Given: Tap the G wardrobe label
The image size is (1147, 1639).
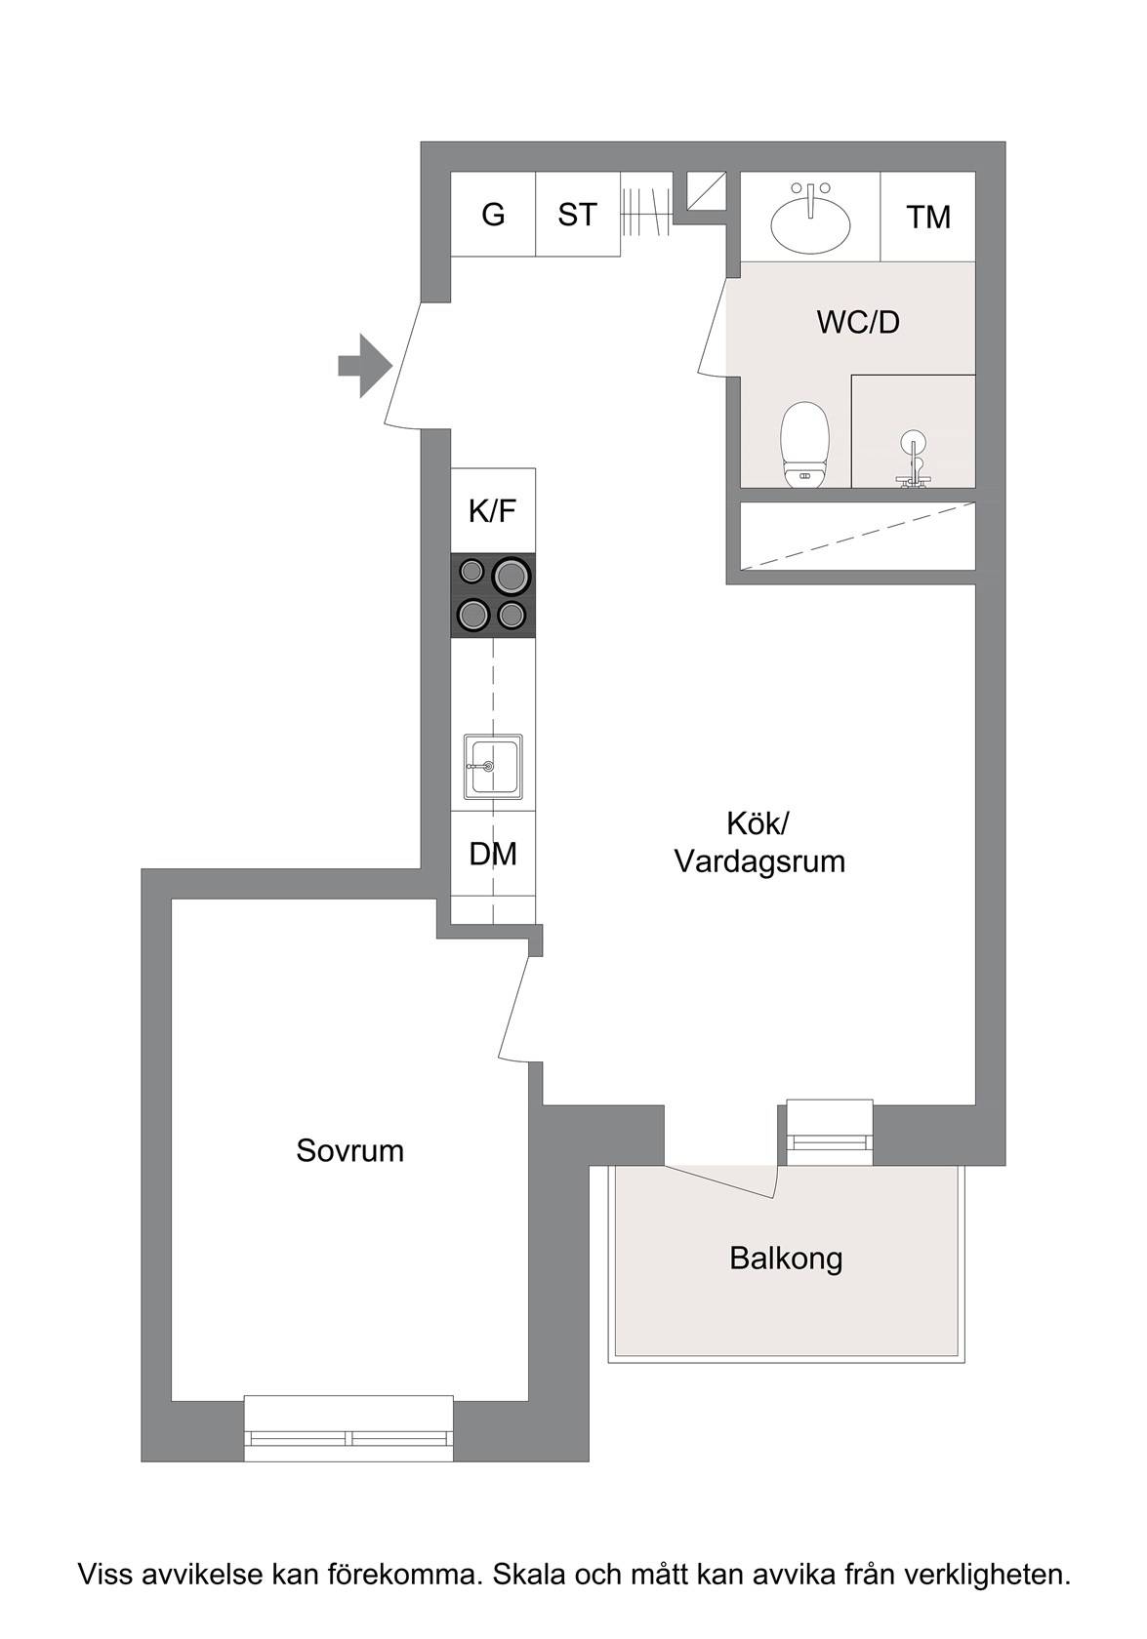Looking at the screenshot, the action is pos(493,215).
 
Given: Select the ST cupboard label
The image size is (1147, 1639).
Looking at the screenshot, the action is pos(578,215).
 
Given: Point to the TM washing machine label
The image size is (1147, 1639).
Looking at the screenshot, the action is pos(928,218).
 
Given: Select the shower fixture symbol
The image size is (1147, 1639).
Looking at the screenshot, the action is pos(913,459).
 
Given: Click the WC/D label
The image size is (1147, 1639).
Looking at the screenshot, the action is pos(858,322).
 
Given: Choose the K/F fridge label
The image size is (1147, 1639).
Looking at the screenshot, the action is pos(493,511).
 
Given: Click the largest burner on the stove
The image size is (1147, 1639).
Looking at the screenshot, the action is pos(512,577).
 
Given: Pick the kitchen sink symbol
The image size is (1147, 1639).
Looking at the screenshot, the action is pos(493,767).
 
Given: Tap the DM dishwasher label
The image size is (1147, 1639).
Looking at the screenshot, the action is pos(493,854).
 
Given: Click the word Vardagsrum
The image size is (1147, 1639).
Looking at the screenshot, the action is pos(759,862).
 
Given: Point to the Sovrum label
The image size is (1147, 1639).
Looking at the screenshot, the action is pos(349,1151).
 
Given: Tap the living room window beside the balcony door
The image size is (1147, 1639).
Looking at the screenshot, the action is pos(830,1132).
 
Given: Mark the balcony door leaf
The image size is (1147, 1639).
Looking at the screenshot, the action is pos(718,1180).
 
